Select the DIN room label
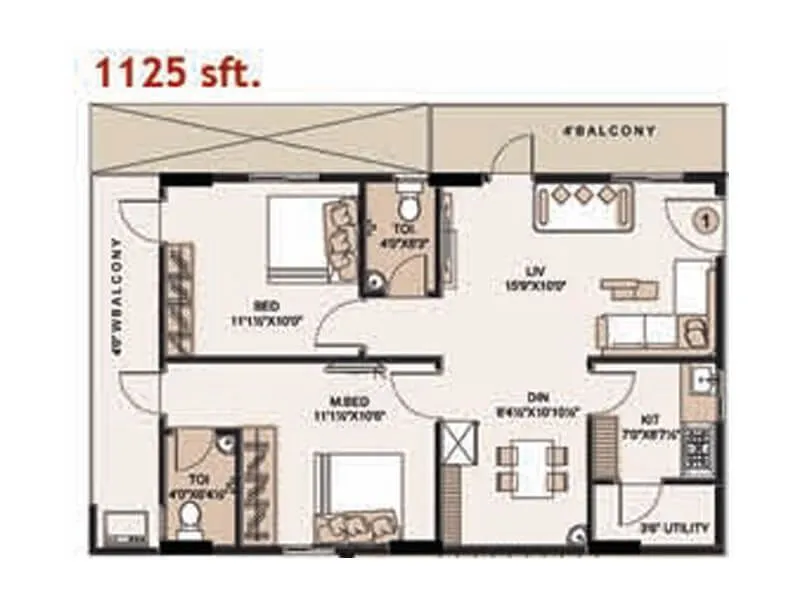coord(545,397)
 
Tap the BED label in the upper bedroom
coord(266,305)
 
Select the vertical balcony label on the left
coord(117,296)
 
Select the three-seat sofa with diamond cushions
coord(584,205)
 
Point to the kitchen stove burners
coord(697,449)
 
